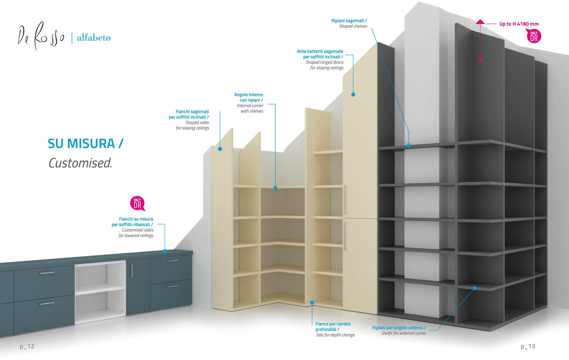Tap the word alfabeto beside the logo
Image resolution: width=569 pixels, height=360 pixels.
click(94, 38)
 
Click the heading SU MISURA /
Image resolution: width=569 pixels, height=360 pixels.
click(86, 144)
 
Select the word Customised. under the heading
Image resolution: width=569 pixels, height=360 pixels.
click(80, 163)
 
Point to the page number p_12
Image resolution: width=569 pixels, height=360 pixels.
click(27, 346)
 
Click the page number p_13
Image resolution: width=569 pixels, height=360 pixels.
click(528, 346)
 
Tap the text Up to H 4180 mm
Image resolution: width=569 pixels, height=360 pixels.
click(519, 24)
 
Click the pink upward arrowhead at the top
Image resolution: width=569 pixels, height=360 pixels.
click(480, 22)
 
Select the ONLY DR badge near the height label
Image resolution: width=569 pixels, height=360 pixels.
click(534, 36)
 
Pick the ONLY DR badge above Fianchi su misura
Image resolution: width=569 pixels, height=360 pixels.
click(137, 203)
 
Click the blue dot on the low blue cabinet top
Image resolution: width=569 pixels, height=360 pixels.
click(165, 251)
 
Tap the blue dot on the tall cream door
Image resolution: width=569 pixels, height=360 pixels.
click(353, 94)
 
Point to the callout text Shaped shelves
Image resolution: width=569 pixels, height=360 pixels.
click(353, 26)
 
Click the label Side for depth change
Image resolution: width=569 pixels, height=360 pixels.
click(335, 335)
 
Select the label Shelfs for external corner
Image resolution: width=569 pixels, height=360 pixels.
click(404, 333)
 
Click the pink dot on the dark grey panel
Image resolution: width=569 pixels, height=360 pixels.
click(480, 59)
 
